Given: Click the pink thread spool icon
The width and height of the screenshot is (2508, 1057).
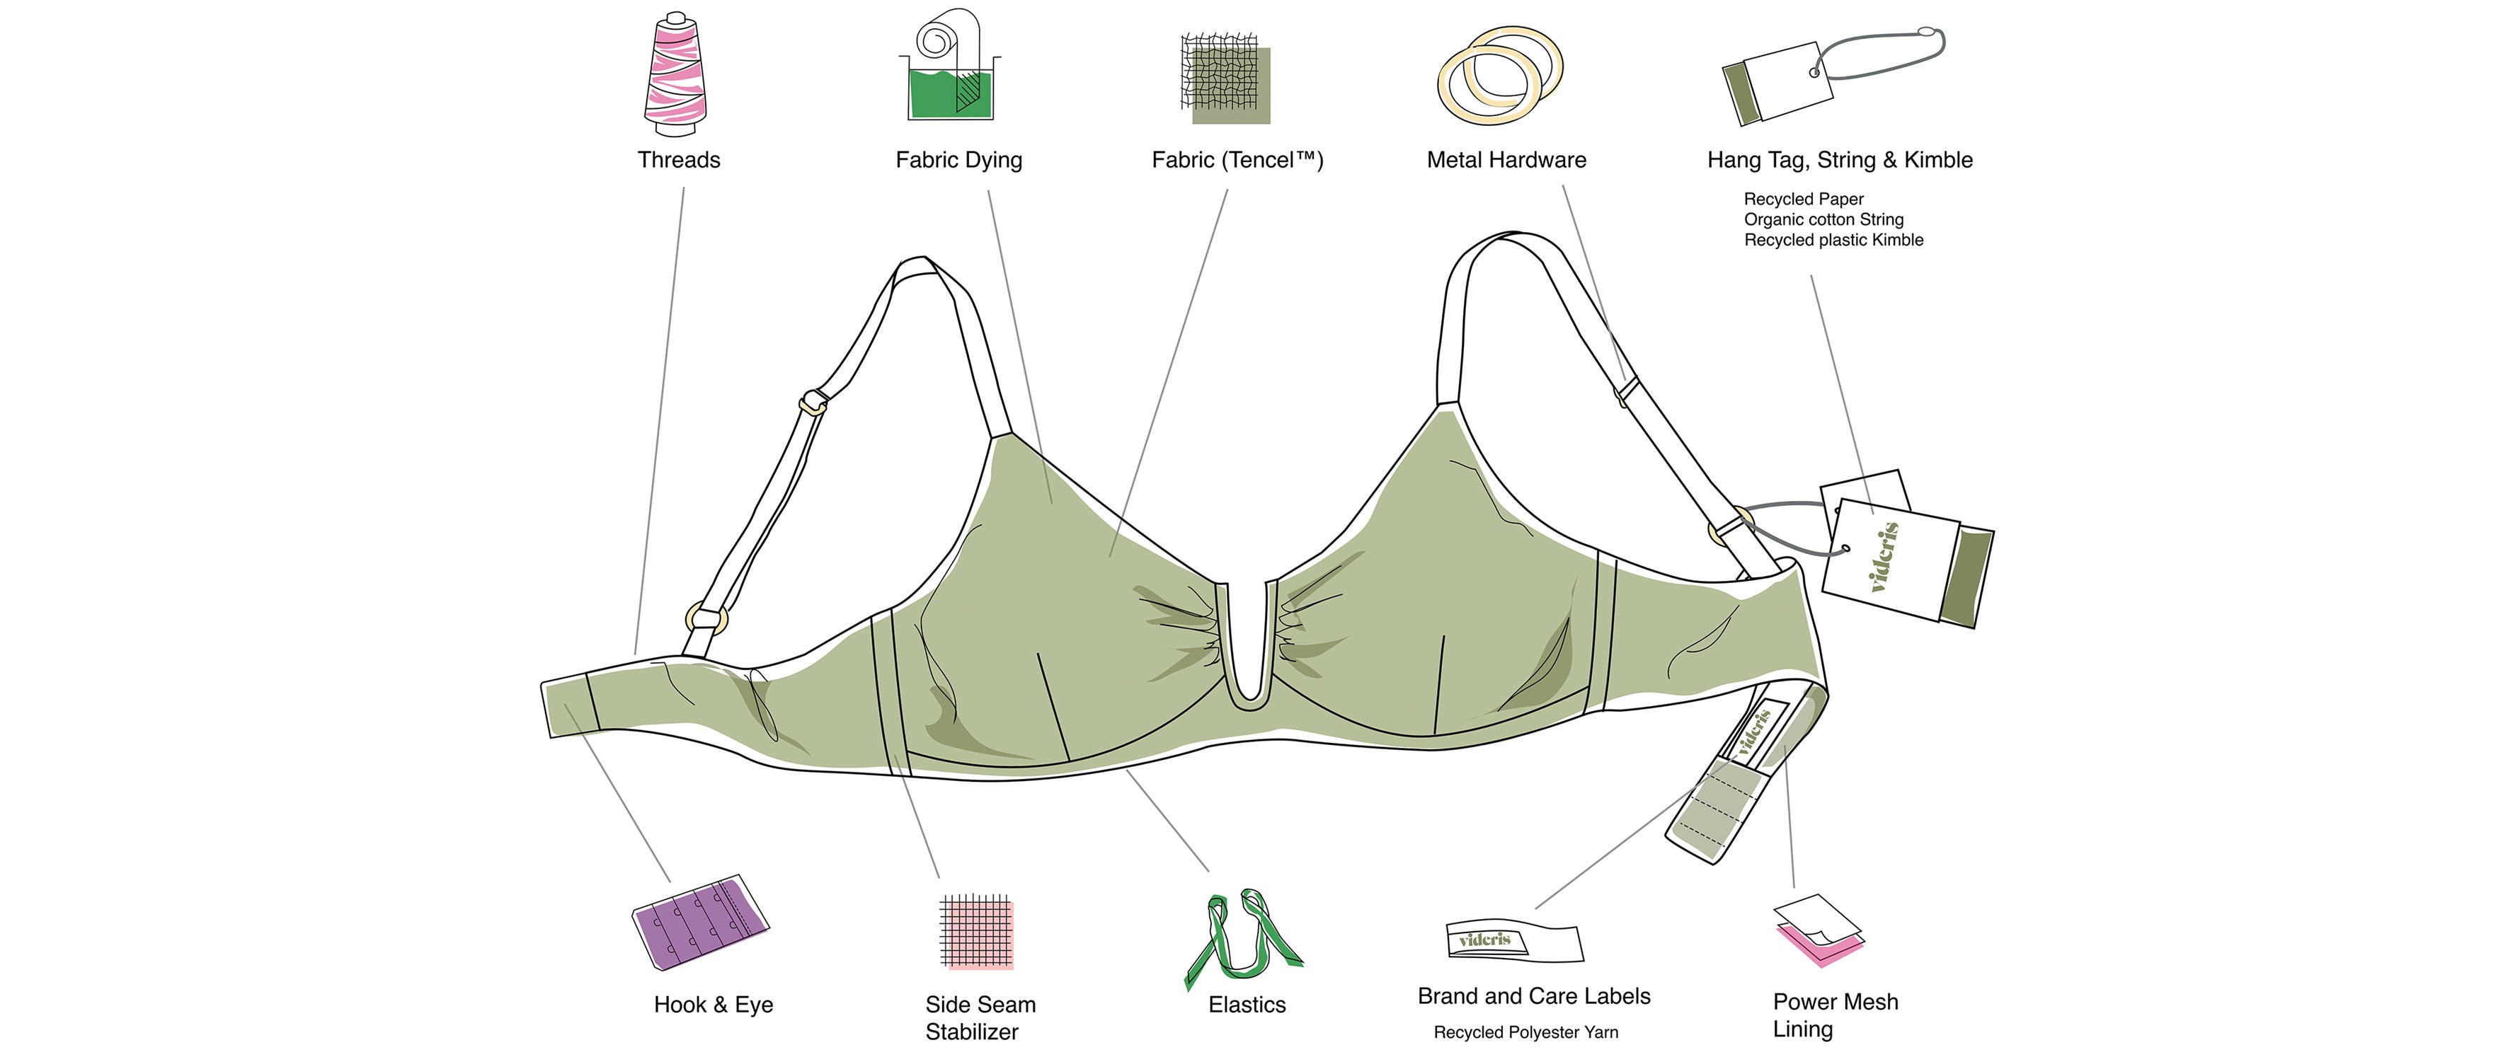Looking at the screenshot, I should point(676,76).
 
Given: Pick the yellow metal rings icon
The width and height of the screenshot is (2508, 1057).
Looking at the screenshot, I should point(1499,75).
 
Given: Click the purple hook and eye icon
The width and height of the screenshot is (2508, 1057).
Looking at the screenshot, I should point(699,922).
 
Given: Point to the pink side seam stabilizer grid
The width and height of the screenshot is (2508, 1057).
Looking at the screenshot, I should point(978,932).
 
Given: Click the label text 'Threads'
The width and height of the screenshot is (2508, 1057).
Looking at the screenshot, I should point(679,161).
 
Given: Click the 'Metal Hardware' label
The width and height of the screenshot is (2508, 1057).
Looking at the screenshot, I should point(1506,161).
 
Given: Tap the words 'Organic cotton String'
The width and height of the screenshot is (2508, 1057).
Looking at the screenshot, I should point(1823,220).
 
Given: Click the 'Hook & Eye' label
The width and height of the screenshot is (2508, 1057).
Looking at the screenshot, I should point(714,1005).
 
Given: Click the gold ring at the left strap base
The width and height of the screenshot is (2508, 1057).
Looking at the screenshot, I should point(706,619).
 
